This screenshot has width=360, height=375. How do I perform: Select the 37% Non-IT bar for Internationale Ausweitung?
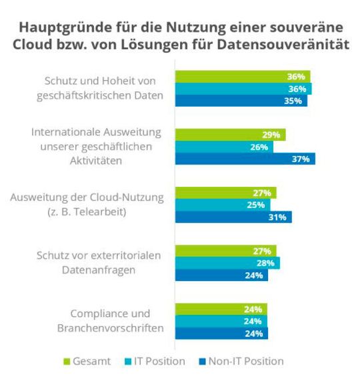coord(244,158)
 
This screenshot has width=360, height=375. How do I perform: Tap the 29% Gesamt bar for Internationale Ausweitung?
coord(230,135)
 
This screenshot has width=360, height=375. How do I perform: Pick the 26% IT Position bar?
coord(223,147)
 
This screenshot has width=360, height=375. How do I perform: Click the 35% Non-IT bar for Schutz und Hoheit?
coord(241,100)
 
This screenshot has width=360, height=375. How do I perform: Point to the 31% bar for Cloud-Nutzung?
coord(233,217)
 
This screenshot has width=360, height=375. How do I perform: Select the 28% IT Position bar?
coord(227,263)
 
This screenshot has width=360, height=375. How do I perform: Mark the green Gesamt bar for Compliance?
coord(221,310)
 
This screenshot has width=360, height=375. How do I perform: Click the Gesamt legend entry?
coord(87,361)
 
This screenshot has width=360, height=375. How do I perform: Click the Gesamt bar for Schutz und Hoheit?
coord(242,76)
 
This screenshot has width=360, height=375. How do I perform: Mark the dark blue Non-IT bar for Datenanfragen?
coord(221,275)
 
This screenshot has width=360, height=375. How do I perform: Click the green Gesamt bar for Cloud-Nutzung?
coord(225,193)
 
